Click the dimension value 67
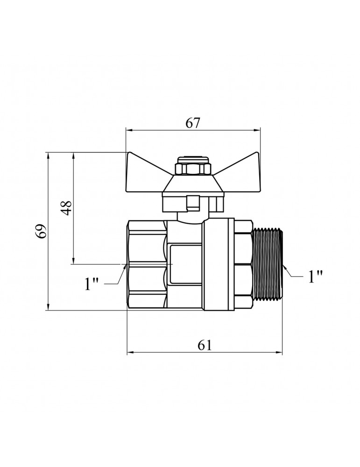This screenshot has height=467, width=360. click(x=193, y=123)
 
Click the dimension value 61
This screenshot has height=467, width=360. click(x=205, y=345)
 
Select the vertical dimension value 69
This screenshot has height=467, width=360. click(x=41, y=231)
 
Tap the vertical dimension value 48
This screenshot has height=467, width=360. click(x=66, y=208)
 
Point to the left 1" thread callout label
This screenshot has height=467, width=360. click(x=92, y=284)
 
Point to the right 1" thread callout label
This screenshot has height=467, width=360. click(x=315, y=276)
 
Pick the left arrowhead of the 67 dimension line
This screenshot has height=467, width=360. click(x=128, y=130)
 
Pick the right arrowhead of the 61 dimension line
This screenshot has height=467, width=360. click(x=279, y=353)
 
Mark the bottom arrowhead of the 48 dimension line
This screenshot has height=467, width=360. click(x=73, y=261)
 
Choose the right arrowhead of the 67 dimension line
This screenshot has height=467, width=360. click(x=257, y=130)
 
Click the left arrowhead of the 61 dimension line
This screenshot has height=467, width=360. click(x=130, y=353)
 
